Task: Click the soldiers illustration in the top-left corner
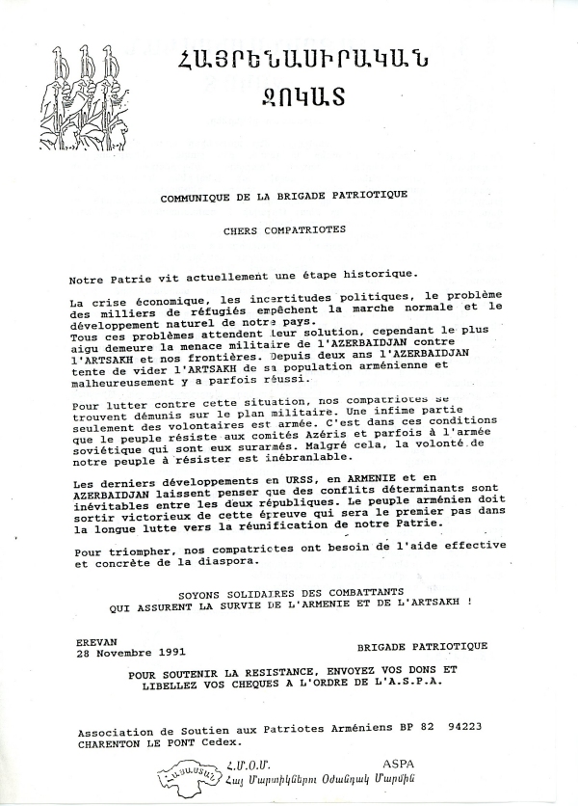(73, 92)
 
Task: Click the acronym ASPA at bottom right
(398, 762)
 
